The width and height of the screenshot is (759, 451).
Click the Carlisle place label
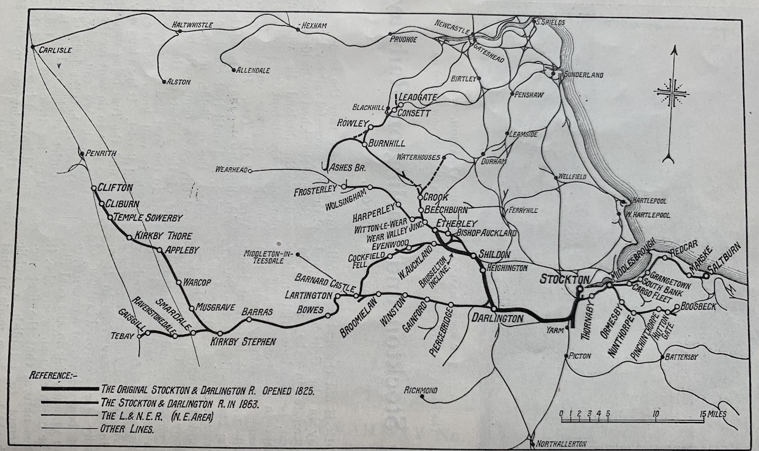(56, 50)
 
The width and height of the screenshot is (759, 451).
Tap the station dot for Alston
(164, 80)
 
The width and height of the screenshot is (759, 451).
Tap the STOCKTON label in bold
(564, 279)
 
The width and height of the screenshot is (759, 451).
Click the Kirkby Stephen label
(243, 342)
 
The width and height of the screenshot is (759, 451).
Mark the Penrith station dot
(81, 152)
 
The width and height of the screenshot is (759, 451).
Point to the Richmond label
(420, 390)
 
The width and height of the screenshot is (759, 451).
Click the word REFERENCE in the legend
(54, 375)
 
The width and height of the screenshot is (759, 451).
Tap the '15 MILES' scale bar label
(712, 414)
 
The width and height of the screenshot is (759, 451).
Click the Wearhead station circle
(250, 171)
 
